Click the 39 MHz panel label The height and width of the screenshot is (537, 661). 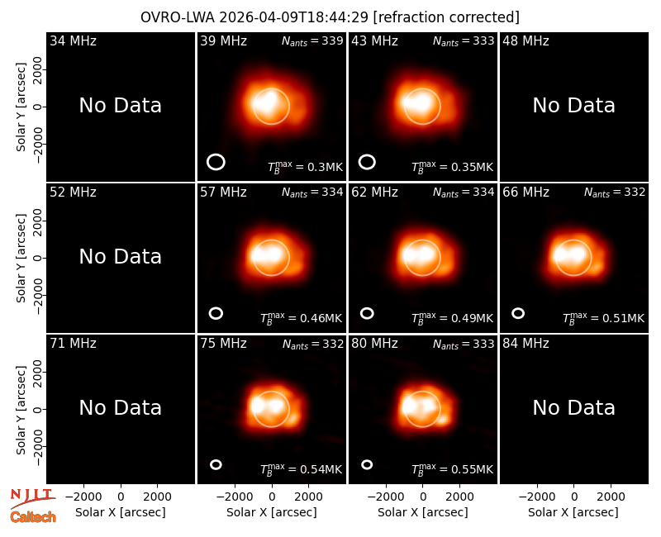pyautogui.click(x=223, y=40)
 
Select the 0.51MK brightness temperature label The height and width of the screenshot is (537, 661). pyautogui.click(x=604, y=318)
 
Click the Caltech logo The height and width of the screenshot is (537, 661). pyautogui.click(x=33, y=517)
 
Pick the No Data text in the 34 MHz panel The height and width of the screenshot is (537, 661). pyautogui.click(x=120, y=106)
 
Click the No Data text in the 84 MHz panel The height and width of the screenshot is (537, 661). pyautogui.click(x=573, y=408)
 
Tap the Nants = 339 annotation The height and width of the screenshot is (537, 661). pyautogui.click(x=312, y=40)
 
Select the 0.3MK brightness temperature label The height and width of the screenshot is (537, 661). pyautogui.click(x=306, y=167)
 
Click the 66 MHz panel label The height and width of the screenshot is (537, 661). pyautogui.click(x=525, y=192)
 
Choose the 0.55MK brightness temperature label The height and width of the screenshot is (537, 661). pyautogui.click(x=452, y=469)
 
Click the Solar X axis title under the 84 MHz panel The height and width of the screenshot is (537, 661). pyautogui.click(x=573, y=512)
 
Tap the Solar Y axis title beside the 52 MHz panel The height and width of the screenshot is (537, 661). pyautogui.click(x=21, y=258)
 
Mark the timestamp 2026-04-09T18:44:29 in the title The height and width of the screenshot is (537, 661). pyautogui.click(x=294, y=17)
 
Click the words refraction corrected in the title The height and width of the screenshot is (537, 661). pyautogui.click(x=446, y=17)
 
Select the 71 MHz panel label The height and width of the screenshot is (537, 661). pyautogui.click(x=73, y=344)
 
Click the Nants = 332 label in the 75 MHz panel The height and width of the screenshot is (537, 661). pyautogui.click(x=313, y=344)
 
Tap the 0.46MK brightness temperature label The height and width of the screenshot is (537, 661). pyautogui.click(x=301, y=318)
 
